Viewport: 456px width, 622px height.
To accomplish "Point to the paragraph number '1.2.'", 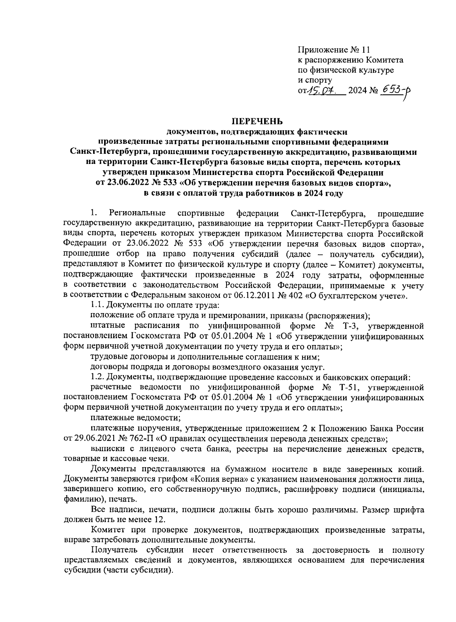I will point(97,377).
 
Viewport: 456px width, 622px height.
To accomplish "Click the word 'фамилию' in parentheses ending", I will point(81,499).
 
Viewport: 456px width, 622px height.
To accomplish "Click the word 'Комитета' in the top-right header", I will point(385,60).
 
